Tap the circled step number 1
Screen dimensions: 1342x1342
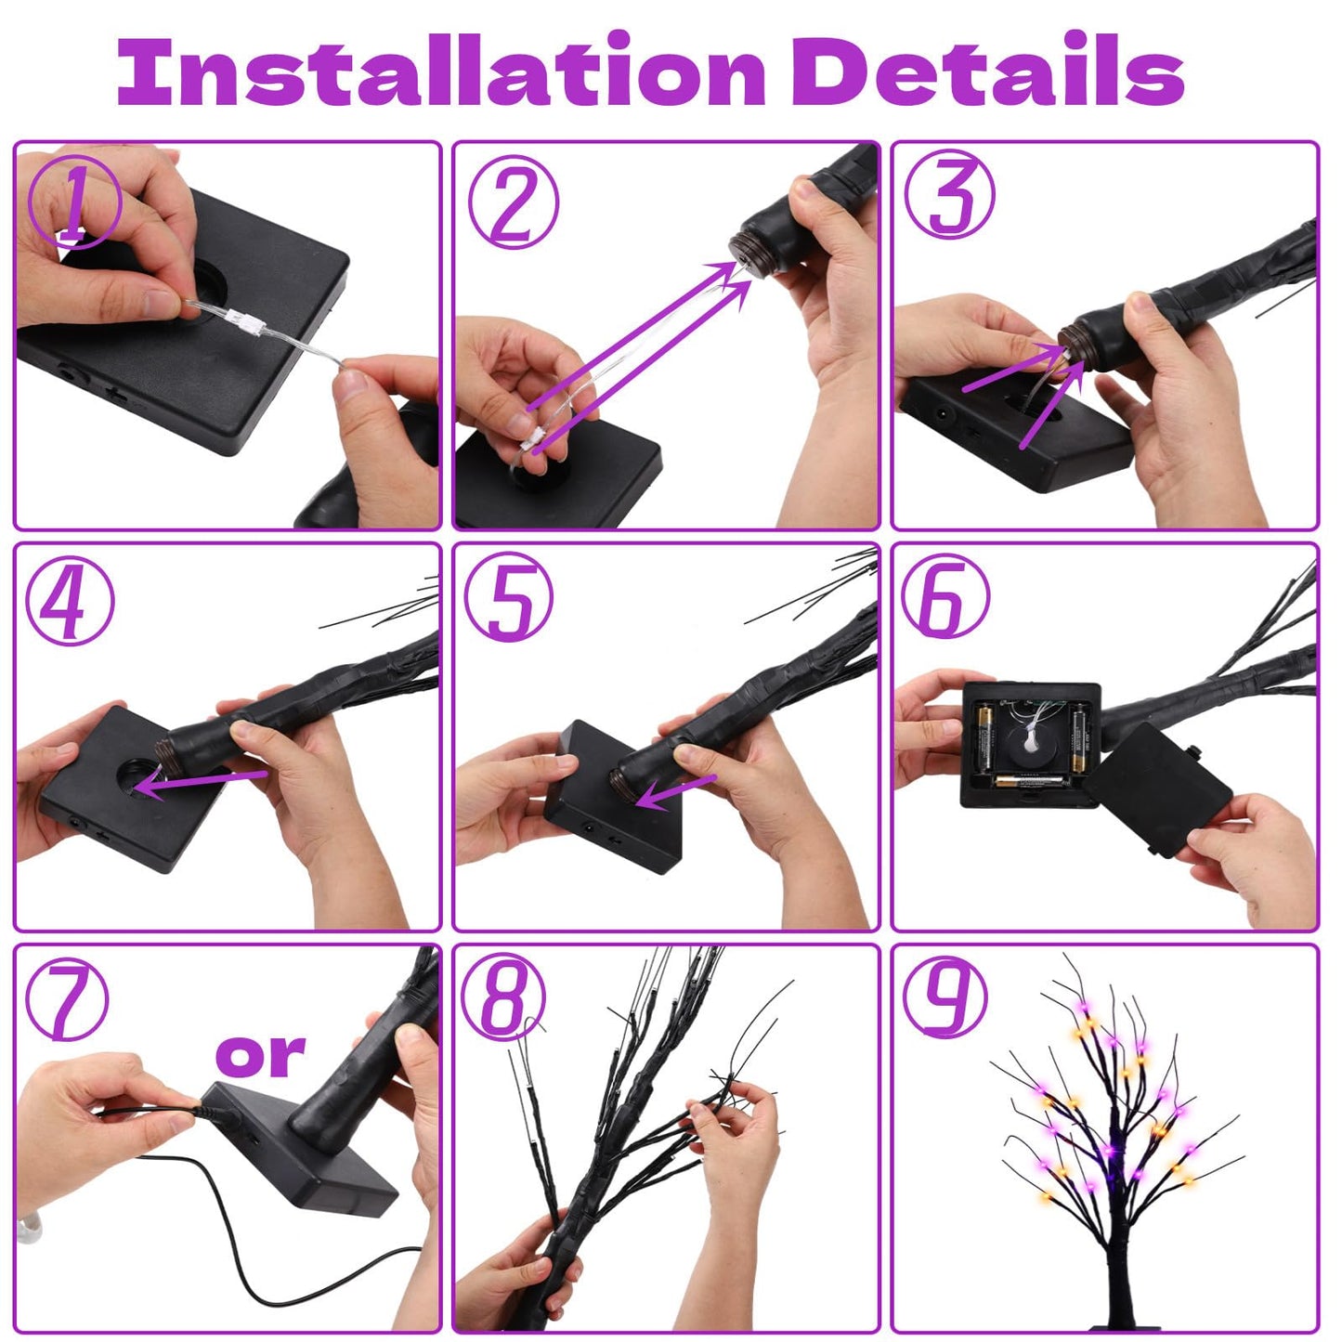[73, 202]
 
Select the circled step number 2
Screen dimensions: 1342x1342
[513, 202]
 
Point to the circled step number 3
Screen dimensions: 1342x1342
[949, 196]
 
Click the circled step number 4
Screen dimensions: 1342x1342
[70, 600]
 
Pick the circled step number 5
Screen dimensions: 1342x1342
[508, 598]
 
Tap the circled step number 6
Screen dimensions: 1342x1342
[945, 598]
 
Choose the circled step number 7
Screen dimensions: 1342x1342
[67, 1002]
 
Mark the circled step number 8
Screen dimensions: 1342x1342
[504, 998]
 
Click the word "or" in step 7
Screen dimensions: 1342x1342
[260, 1055]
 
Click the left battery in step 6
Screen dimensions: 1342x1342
[984, 737]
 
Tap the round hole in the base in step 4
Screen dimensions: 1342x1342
[139, 775]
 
